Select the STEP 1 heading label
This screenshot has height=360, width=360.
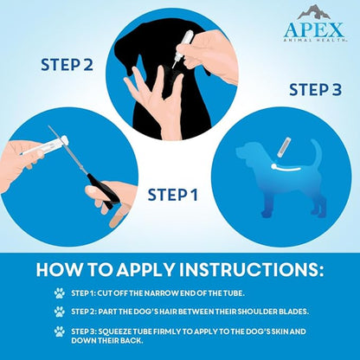coord(171,194)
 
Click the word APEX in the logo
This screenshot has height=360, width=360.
coord(314,30)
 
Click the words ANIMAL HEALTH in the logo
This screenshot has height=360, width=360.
coord(314,42)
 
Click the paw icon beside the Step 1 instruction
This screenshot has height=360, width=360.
coord(59,292)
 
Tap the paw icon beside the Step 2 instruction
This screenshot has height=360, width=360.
coord(59,312)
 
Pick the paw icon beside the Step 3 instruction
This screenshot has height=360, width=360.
coord(59,331)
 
